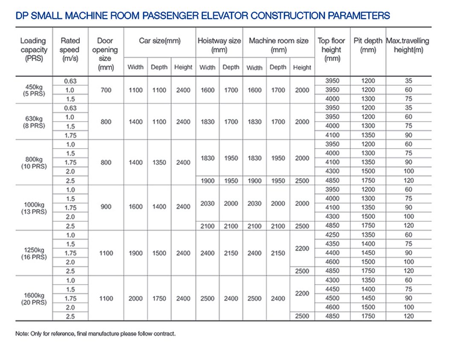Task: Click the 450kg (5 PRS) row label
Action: point(34,90)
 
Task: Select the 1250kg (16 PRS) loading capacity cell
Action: point(34,253)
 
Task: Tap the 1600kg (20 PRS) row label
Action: point(34,299)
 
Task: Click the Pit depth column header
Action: point(367,45)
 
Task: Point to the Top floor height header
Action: point(331,50)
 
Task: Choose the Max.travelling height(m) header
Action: point(407,45)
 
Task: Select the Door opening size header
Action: point(105,54)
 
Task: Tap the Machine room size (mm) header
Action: point(279,45)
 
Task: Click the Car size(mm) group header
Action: point(160,41)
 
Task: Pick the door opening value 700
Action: point(106,90)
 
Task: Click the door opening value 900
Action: point(106,207)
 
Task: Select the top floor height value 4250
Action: point(332,235)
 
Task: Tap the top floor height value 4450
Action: point(332,289)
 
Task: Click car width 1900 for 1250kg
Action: point(135,253)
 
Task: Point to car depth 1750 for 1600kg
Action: point(159,299)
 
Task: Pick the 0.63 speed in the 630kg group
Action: point(70,108)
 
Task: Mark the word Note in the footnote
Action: point(22,334)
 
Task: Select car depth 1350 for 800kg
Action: point(159,162)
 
